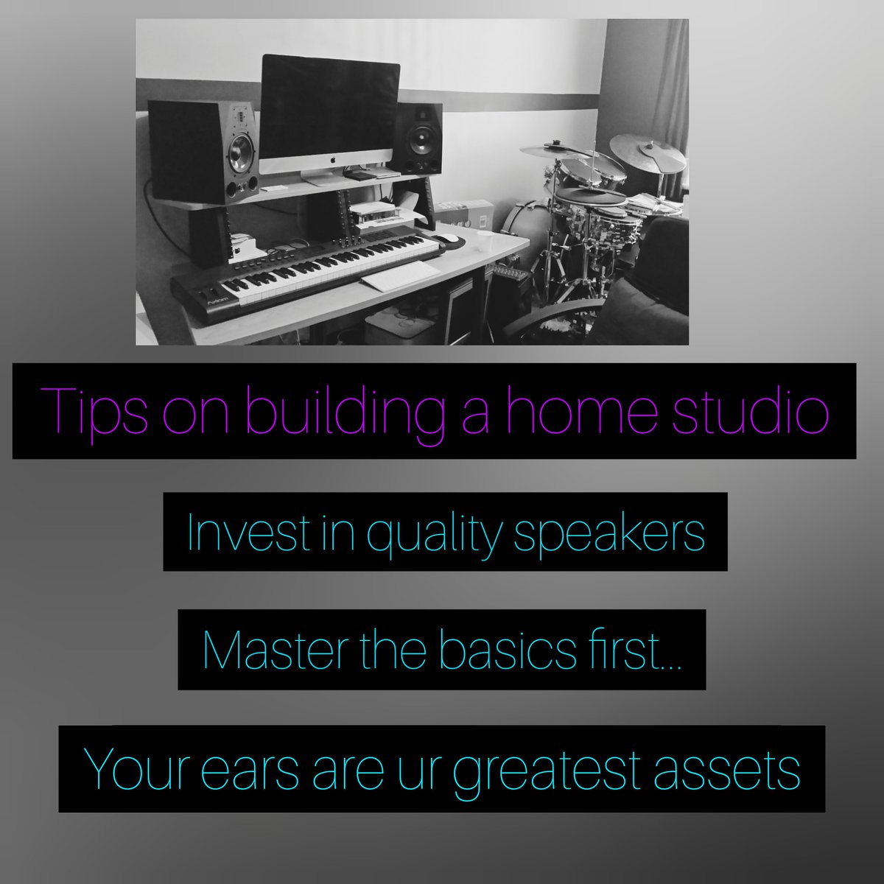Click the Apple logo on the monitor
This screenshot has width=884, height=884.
click(x=331, y=158)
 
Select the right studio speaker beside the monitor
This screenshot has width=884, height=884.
click(x=416, y=138)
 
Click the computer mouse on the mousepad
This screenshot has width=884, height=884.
click(x=447, y=238)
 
